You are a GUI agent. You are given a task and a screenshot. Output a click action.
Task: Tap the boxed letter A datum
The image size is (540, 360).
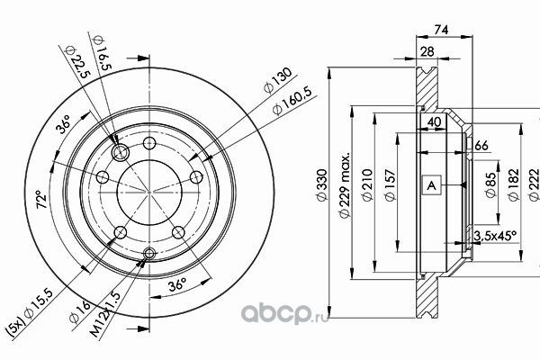point(431,186)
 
